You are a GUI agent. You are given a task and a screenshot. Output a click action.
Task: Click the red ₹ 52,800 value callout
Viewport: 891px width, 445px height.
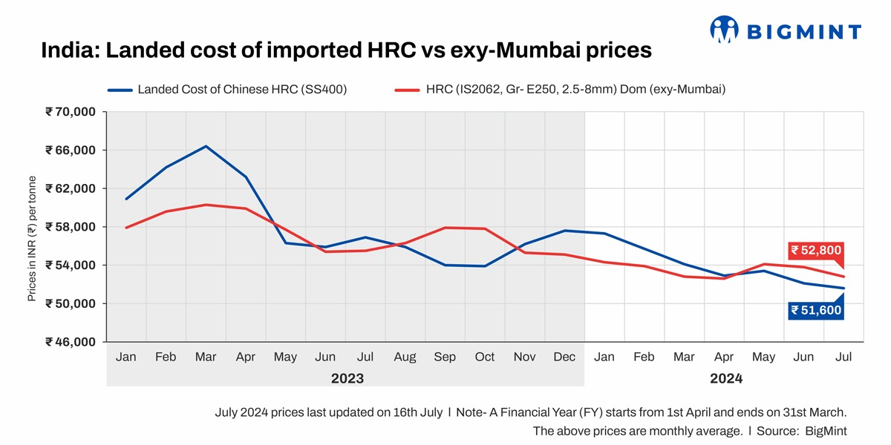click(x=816, y=250)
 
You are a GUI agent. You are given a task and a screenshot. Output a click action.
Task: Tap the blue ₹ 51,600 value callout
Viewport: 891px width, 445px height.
click(x=816, y=310)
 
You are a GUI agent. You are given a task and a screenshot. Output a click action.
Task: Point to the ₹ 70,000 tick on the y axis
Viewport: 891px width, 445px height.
click(x=71, y=112)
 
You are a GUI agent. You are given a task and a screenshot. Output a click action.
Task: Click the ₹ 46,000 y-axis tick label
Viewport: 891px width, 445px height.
click(x=71, y=342)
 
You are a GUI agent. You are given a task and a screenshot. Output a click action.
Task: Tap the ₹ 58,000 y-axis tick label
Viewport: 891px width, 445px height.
click(x=71, y=227)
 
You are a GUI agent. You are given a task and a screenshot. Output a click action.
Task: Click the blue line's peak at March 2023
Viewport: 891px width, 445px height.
click(x=206, y=146)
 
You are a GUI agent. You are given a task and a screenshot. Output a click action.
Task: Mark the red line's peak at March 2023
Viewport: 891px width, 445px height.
click(x=206, y=205)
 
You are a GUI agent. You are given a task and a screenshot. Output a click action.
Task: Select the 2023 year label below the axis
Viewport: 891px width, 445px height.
click(x=347, y=378)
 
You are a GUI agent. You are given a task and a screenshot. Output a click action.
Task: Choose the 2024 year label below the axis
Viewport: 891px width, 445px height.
click(x=725, y=378)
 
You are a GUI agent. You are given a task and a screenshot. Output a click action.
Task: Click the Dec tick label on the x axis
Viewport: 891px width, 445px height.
click(x=564, y=357)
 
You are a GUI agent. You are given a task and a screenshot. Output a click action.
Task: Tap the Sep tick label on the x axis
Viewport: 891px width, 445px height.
click(x=445, y=357)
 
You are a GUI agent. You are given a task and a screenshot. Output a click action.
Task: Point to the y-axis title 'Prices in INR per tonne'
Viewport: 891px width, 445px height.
click(x=33, y=239)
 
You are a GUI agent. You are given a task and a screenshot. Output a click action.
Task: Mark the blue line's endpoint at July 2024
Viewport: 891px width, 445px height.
click(x=843, y=289)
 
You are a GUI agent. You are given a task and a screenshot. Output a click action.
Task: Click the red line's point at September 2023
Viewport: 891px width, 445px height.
click(x=445, y=228)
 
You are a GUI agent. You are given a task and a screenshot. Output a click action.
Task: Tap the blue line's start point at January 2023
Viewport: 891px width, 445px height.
click(x=126, y=199)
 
